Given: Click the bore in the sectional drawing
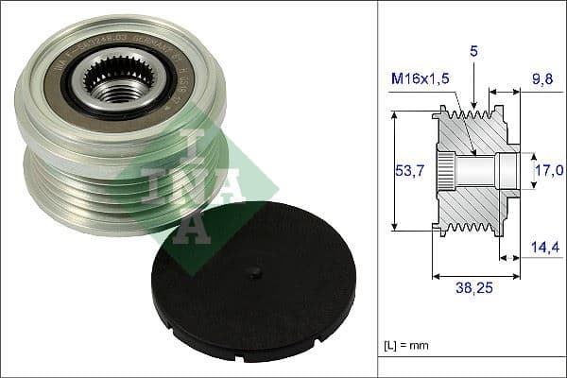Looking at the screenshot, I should [482, 171].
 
